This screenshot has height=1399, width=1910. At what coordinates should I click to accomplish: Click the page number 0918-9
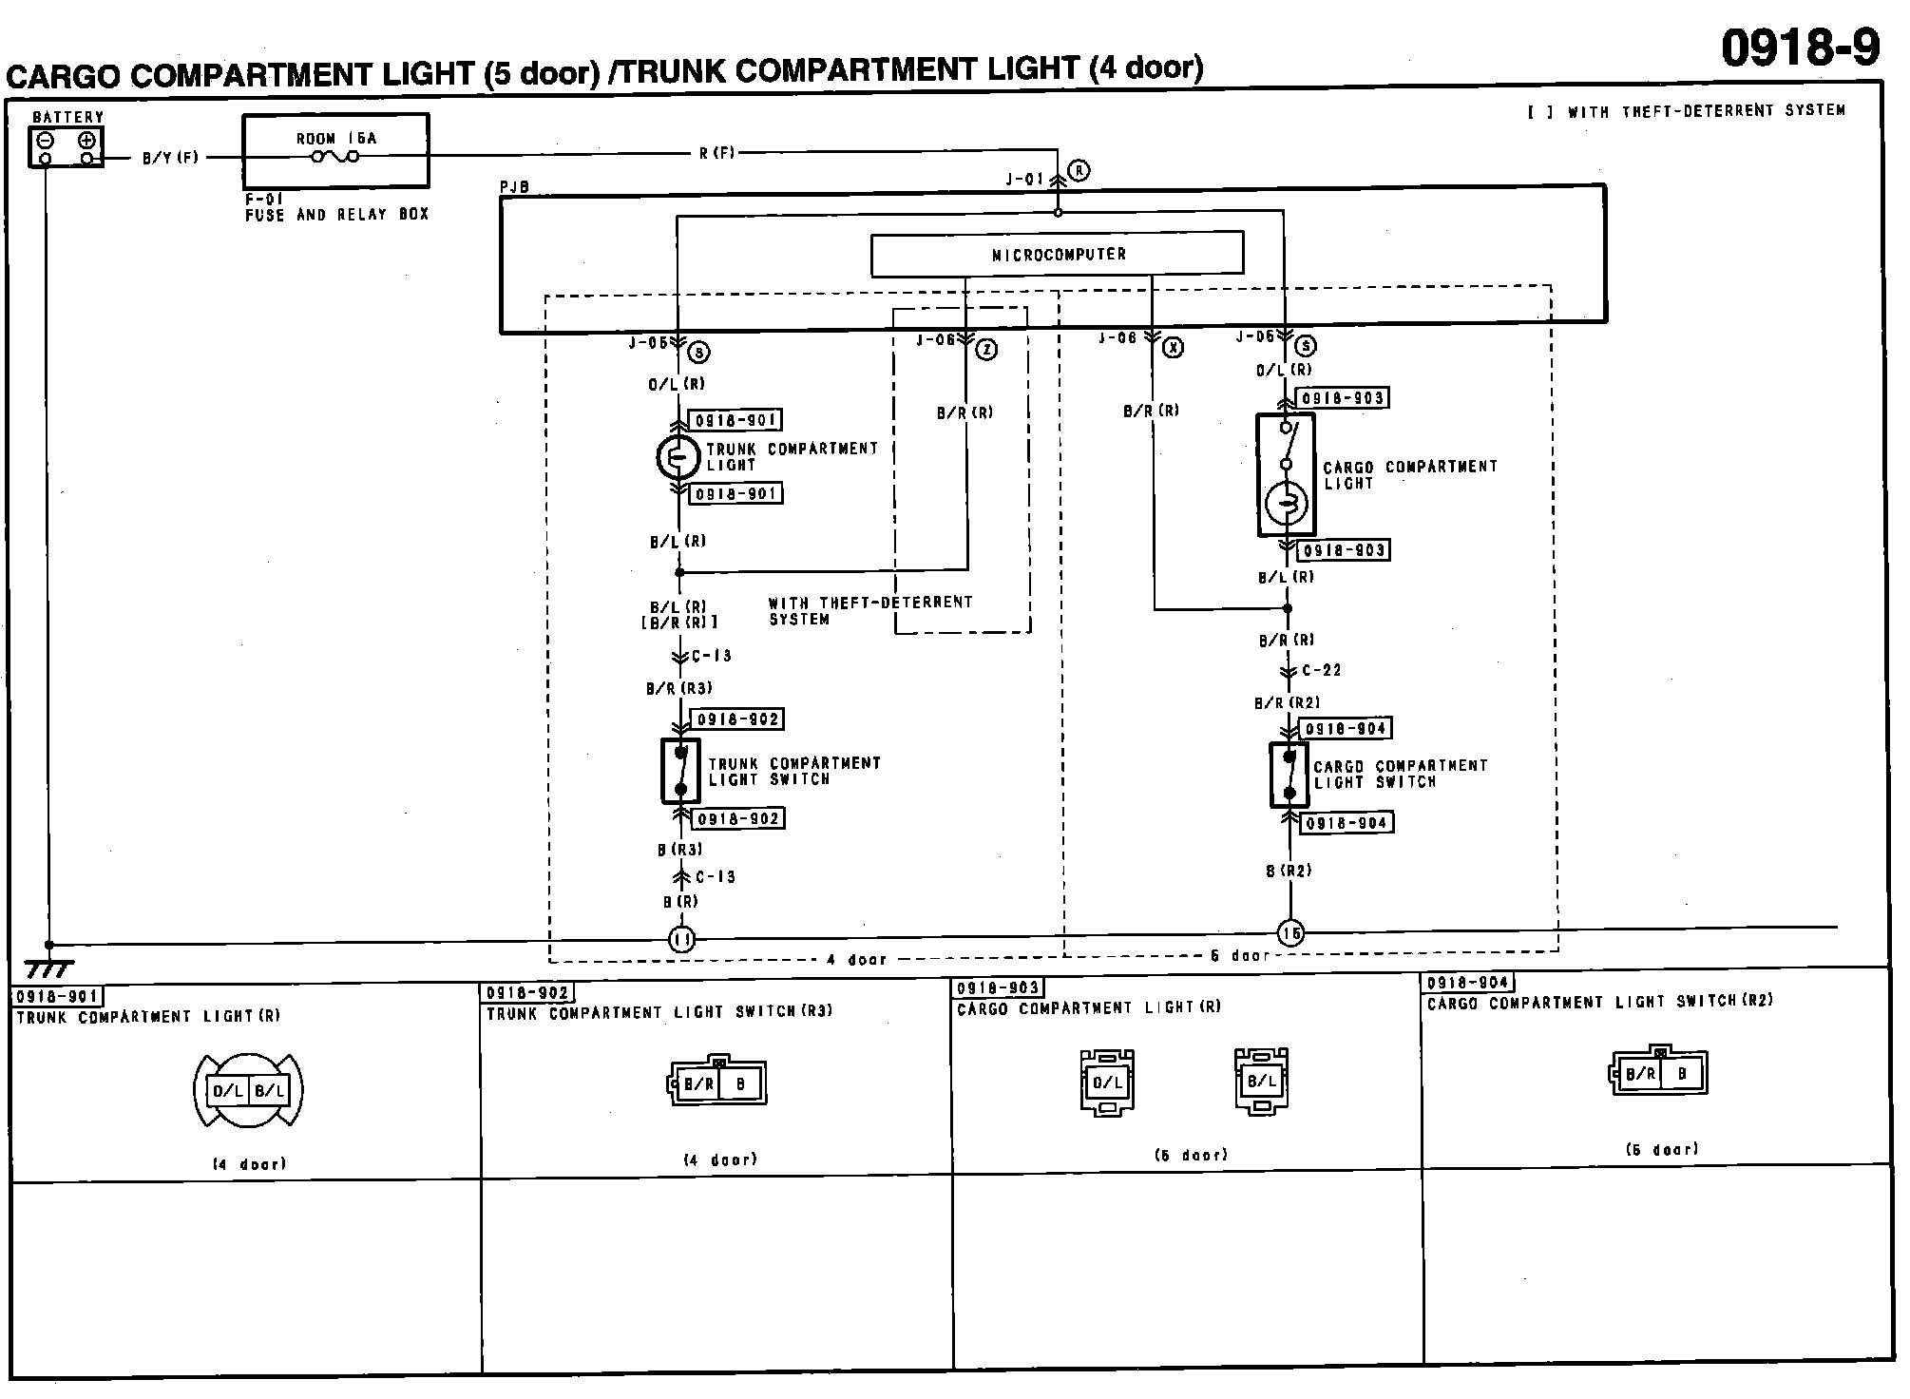point(1800,48)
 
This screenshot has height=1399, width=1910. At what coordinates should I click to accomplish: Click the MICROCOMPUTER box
point(1057,255)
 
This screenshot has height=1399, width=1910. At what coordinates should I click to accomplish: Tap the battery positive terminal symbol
point(86,140)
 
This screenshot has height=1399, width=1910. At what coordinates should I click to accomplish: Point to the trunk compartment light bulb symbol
point(678,457)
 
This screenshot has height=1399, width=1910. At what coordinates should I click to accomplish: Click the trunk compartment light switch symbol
point(680,771)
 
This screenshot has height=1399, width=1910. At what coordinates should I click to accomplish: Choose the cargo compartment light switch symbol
point(1289,775)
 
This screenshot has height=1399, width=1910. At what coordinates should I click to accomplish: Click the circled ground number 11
point(681,940)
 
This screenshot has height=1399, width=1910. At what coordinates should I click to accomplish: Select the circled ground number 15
point(1290,933)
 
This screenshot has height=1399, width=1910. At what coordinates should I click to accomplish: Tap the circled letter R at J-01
point(1079,171)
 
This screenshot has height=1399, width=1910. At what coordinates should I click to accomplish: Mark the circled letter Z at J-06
point(987,350)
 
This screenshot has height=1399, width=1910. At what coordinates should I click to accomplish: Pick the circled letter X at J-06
point(1174,348)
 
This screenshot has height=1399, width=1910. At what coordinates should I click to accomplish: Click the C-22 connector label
point(1321,670)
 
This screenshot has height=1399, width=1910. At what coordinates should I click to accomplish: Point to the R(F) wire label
point(717,152)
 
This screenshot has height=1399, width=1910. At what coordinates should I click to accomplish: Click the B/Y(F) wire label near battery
point(170,158)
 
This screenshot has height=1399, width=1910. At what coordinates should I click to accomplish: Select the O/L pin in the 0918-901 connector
point(228,1091)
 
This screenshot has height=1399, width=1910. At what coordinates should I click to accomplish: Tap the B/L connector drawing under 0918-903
point(1262,1081)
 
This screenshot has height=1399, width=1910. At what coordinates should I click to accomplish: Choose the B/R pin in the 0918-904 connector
point(1640,1075)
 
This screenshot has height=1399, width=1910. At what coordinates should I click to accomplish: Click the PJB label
point(514,188)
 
